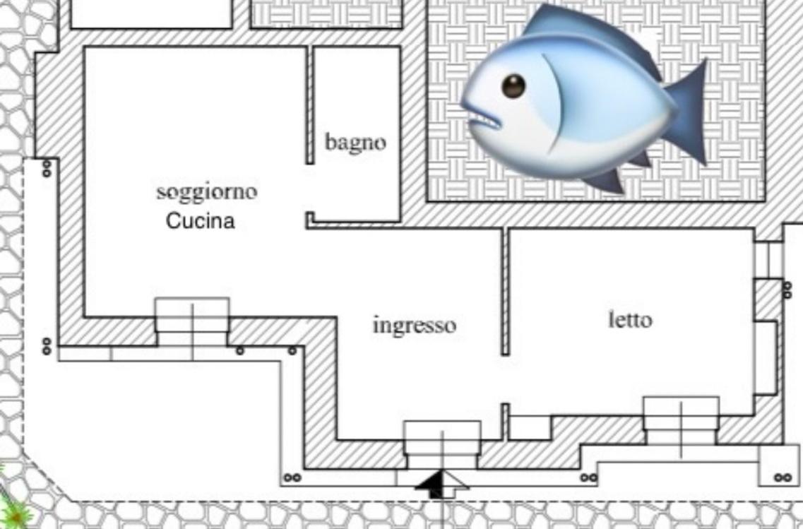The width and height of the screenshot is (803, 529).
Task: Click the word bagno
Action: [355, 143]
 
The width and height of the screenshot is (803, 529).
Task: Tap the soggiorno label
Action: [206, 192]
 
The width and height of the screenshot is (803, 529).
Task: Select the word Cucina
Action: [201, 221]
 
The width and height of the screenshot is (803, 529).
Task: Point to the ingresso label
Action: [415, 326]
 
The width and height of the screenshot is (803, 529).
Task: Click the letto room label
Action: [630, 320]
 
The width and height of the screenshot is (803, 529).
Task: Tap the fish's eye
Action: [513, 86]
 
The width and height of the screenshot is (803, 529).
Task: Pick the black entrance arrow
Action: [441, 485]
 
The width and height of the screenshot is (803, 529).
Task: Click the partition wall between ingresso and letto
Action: [505, 292]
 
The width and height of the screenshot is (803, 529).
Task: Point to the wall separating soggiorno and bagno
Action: [310, 105]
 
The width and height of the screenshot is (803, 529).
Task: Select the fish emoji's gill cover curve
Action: [553, 102]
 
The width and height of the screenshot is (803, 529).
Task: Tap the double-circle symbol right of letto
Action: [787, 290]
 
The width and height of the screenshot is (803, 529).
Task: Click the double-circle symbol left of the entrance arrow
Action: [292, 477]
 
